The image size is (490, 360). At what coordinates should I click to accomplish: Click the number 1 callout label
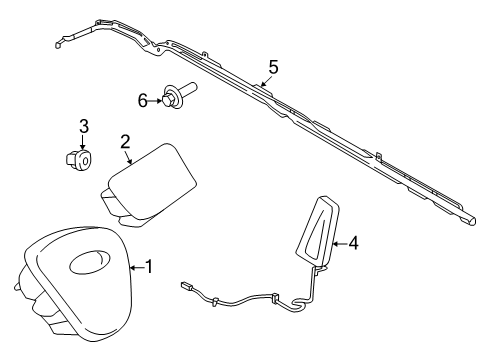click(x=150, y=267)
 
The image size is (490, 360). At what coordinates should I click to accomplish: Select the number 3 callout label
click(x=84, y=125)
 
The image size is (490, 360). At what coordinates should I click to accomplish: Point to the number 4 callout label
click(x=353, y=242)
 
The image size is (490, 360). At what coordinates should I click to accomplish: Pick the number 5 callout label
click(x=272, y=68)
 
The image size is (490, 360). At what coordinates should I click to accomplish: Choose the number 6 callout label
click(x=143, y=98)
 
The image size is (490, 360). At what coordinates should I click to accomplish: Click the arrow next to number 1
click(x=137, y=267)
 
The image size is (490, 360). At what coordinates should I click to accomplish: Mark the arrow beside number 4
click(x=338, y=242)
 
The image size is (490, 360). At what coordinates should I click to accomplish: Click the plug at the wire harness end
click(x=189, y=287)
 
